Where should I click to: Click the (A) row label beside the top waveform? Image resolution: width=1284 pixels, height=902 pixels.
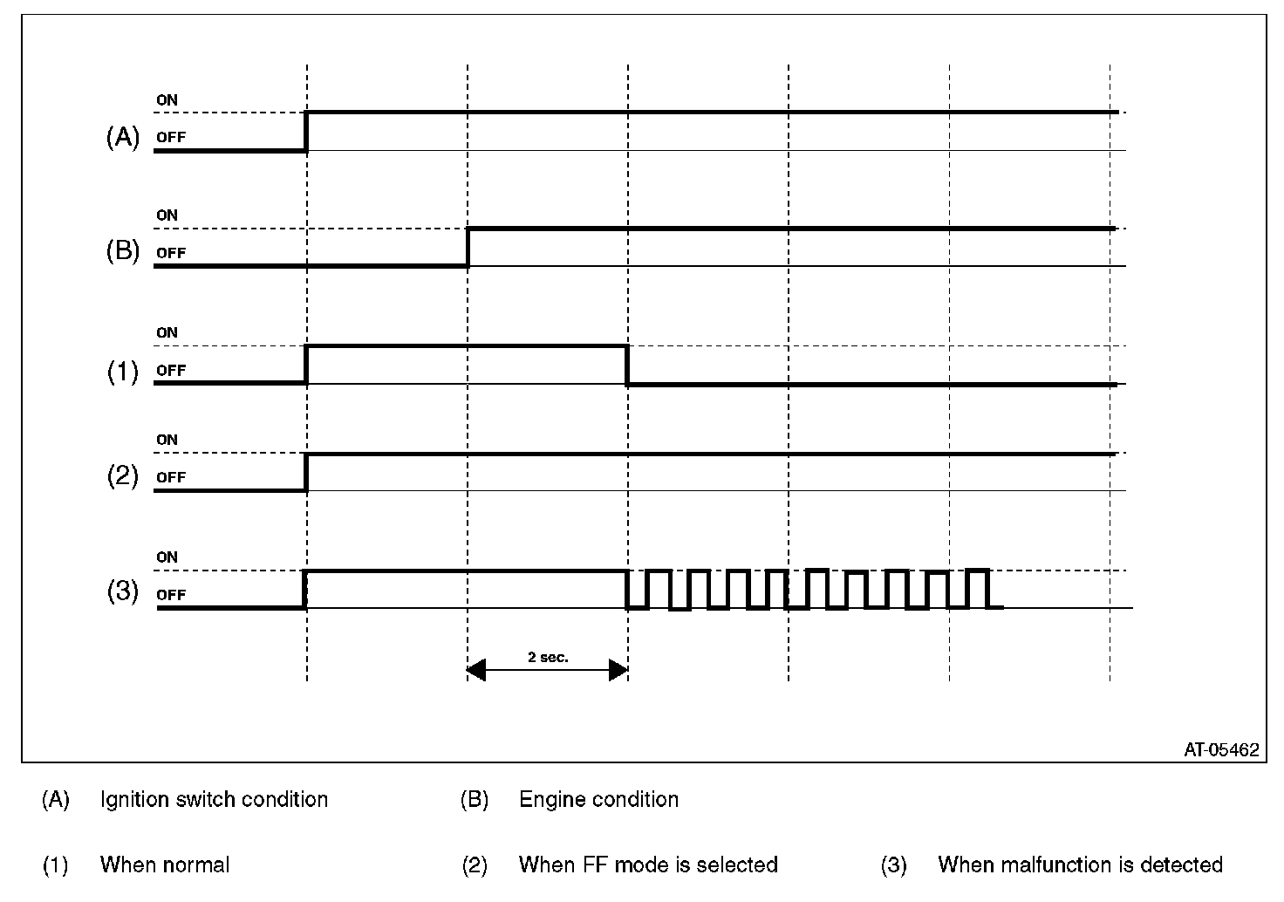(x=122, y=137)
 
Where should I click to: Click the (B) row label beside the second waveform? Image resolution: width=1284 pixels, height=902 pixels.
(x=122, y=251)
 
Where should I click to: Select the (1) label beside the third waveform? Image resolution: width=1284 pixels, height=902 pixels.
(x=122, y=372)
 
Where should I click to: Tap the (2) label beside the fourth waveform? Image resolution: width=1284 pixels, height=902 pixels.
(x=122, y=476)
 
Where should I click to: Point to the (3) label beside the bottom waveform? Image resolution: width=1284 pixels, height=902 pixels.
(x=122, y=591)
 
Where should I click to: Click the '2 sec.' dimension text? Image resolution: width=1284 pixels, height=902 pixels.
(x=548, y=657)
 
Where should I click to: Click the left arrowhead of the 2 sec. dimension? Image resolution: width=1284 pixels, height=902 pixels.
(x=476, y=670)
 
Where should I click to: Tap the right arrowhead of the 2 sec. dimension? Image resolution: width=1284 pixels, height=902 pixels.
(x=618, y=670)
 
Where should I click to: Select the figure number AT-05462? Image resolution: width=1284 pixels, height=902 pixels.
(x=1221, y=749)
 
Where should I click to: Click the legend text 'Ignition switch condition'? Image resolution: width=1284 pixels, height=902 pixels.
(x=214, y=799)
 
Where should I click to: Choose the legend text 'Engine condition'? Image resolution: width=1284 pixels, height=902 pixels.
(x=598, y=799)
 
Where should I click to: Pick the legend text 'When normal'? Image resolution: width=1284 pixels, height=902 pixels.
(x=165, y=864)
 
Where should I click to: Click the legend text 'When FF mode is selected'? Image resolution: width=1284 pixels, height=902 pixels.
(x=648, y=864)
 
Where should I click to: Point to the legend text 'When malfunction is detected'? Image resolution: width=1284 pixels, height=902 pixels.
(x=1080, y=864)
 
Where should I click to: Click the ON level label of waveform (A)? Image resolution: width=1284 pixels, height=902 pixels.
(x=167, y=100)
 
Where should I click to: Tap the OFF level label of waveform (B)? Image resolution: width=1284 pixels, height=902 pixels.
(x=171, y=253)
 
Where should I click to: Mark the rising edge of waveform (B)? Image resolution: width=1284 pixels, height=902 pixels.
(x=468, y=247)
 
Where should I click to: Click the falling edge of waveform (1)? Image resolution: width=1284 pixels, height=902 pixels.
(x=627, y=365)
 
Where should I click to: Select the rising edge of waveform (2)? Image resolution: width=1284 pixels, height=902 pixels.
(x=307, y=472)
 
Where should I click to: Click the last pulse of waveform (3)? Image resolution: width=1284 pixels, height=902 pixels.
(x=978, y=588)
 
